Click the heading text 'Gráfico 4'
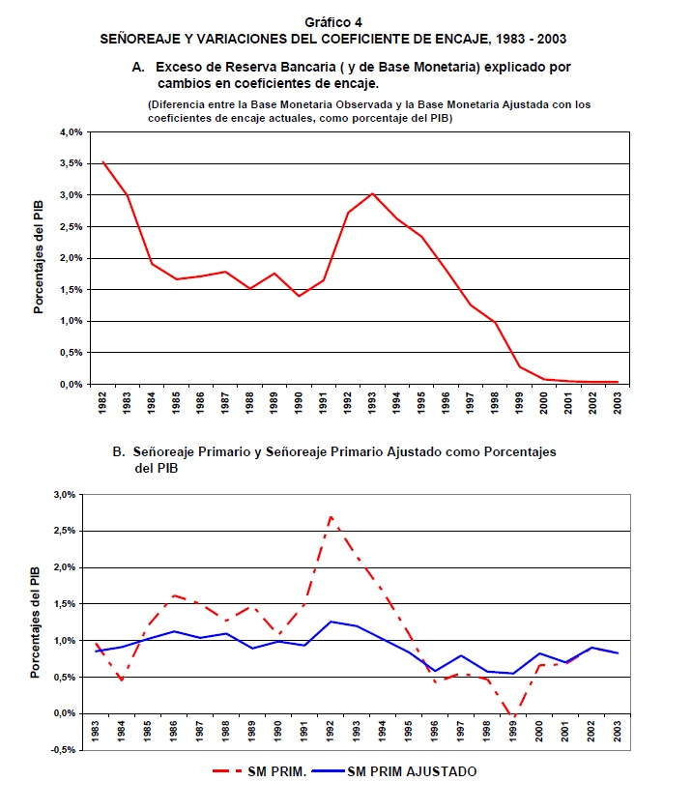click(x=333, y=21)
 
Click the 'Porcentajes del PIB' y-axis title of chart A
click(x=40, y=258)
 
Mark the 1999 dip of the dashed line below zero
click(x=512, y=718)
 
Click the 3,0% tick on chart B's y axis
click(x=63, y=494)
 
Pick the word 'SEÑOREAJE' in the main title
click(x=142, y=39)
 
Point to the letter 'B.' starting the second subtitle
click(x=119, y=451)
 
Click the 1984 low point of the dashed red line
click(x=121, y=681)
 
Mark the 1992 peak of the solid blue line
click(x=331, y=622)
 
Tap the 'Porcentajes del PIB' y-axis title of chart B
click(x=38, y=622)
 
